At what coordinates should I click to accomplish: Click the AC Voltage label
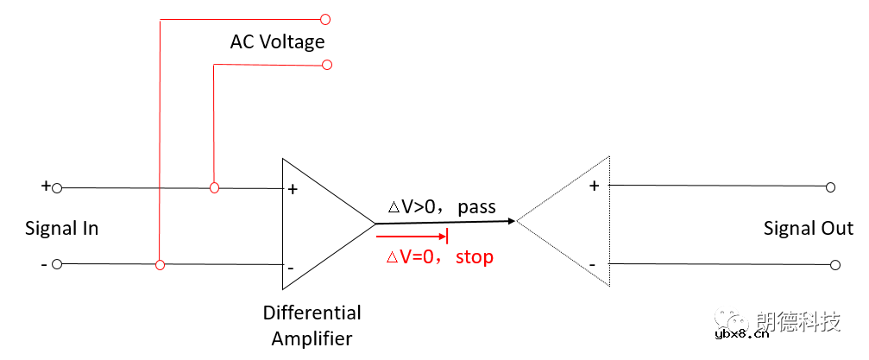coord(277,42)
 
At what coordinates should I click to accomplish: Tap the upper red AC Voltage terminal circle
coord(325,18)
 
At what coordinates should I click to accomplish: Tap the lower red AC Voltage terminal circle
coord(325,65)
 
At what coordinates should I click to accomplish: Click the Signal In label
coord(61,229)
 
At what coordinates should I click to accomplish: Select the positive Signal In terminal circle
coord(57,187)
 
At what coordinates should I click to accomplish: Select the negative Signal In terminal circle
coord(57,265)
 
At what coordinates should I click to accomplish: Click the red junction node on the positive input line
coord(214,187)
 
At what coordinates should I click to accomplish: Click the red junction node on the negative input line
coord(160,265)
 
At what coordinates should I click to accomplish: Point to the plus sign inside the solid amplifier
coord(293,189)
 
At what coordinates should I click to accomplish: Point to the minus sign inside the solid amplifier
coord(291,268)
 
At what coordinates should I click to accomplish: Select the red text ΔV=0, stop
coord(439,257)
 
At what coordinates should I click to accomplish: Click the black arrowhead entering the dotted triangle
coord(511,222)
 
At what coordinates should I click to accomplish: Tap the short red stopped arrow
coord(412,236)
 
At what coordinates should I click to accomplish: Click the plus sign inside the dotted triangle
coord(594,185)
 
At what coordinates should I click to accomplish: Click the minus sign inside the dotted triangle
coord(593,263)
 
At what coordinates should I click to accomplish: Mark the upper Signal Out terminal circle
coord(831,186)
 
